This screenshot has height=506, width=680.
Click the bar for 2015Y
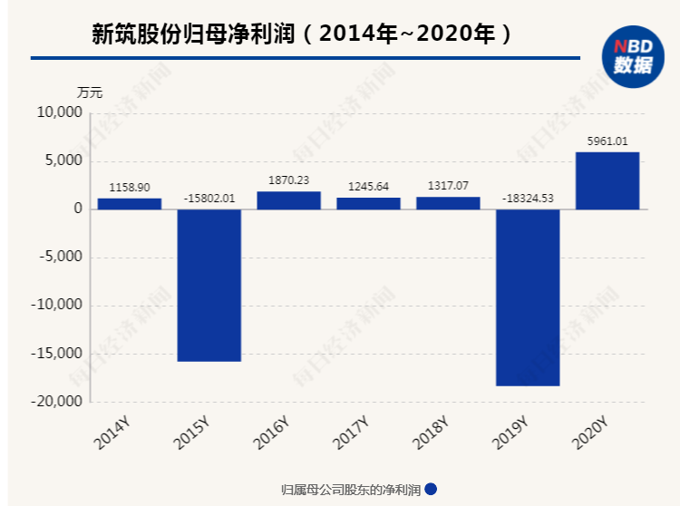[209, 285]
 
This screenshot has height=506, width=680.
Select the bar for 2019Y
[528, 297]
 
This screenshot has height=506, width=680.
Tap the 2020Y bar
[607, 180]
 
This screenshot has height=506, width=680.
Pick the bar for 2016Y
[288, 200]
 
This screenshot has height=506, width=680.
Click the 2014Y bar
[129, 204]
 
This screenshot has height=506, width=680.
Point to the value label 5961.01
[607, 141]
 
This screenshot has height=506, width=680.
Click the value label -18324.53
[528, 198]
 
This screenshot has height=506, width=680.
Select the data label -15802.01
[209, 198]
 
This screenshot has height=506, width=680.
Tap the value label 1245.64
[368, 186]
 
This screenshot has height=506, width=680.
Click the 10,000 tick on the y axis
[60, 113]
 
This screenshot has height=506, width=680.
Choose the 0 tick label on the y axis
[78, 209]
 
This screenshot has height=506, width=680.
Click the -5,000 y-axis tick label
[60, 258]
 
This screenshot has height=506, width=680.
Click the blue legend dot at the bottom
[431, 490]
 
